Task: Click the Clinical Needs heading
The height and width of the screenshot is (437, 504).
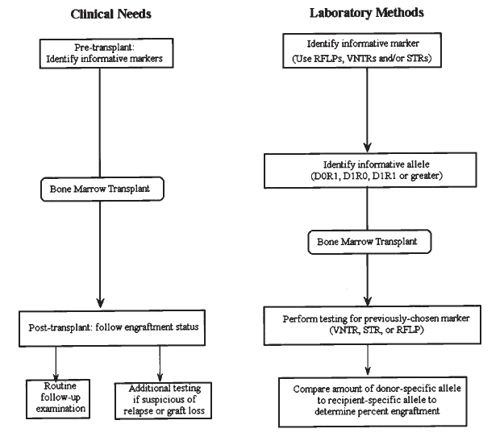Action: click(x=111, y=15)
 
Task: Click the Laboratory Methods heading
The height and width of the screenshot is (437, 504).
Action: click(x=366, y=13)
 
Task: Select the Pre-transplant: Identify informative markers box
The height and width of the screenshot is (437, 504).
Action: click(x=106, y=53)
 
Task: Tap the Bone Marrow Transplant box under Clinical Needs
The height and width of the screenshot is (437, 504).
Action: click(x=102, y=189)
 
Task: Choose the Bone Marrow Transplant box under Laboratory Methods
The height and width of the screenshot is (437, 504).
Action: click(x=369, y=242)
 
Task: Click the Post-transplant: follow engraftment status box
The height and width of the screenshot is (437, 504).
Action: click(x=112, y=328)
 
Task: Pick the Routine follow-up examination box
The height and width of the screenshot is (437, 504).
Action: click(x=58, y=399)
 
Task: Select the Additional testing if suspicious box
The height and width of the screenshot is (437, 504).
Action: click(x=163, y=401)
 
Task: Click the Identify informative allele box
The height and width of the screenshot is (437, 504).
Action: click(x=370, y=170)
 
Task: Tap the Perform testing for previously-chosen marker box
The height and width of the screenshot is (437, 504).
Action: click(x=373, y=325)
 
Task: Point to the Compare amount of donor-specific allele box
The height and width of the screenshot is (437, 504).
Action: click(x=373, y=402)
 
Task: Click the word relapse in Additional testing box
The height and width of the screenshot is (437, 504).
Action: click(x=138, y=410)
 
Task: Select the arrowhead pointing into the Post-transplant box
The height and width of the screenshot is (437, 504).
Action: click(x=100, y=302)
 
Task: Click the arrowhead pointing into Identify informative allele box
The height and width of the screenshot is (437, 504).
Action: click(x=368, y=148)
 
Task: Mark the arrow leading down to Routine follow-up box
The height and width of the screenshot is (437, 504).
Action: click(x=56, y=364)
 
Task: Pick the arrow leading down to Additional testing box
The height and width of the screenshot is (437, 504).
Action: click(x=160, y=364)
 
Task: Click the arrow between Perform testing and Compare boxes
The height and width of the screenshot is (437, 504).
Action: click(x=368, y=360)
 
